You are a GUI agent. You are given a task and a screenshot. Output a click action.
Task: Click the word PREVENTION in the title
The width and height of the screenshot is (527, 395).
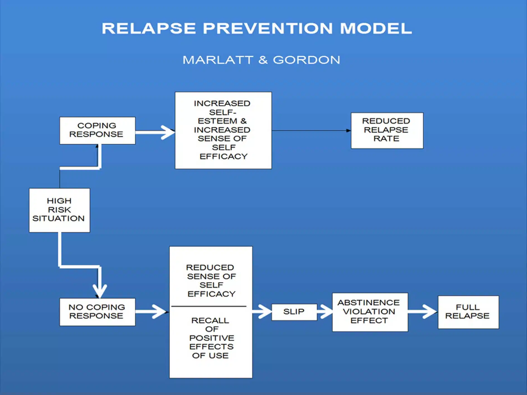tap(268, 28)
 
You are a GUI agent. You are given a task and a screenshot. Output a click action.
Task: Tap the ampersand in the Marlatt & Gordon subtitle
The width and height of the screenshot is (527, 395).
tap(263, 60)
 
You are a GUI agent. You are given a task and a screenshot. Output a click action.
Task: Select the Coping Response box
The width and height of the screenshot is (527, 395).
tap(97, 130)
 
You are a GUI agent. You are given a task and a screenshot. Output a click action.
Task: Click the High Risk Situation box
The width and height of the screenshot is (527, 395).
tap(59, 210)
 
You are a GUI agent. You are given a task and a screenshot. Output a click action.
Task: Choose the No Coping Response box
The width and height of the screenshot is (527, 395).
tap(97, 312)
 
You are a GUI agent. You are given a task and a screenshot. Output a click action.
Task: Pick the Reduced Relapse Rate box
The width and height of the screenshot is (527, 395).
tap(387, 130)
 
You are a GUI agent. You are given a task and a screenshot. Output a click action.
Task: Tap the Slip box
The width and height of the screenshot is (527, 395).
tap(294, 312)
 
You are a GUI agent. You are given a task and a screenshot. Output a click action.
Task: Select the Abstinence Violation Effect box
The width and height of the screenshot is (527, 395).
tap(370, 312)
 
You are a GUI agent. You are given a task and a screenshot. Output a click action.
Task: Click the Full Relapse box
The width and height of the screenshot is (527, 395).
tap(468, 312)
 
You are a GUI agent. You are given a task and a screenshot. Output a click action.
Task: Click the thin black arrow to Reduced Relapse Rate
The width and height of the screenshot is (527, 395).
tap(311, 130)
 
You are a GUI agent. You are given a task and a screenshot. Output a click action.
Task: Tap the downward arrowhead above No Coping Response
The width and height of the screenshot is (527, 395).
tap(100, 291)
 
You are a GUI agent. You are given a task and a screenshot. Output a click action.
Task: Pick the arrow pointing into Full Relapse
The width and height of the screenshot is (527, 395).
tap(423, 312)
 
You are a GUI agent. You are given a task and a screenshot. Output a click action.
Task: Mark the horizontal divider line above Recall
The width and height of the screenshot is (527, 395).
tap(209, 306)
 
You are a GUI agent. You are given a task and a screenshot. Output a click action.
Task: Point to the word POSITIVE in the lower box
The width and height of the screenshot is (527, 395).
tap(212, 338)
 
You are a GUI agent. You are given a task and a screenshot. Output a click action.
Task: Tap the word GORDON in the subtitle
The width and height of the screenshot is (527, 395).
tap(306, 60)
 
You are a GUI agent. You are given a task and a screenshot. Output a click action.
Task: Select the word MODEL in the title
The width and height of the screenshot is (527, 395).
tap(376, 28)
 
